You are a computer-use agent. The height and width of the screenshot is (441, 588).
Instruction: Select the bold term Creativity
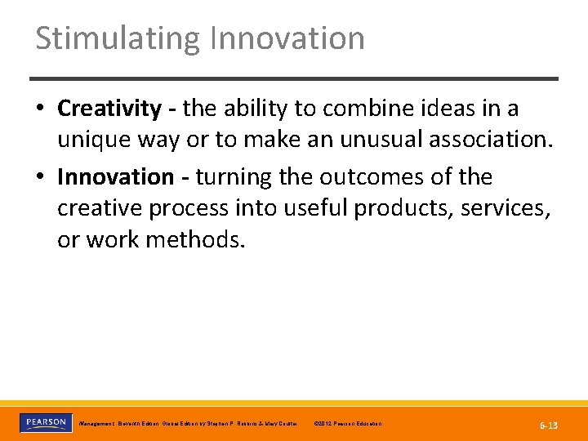tap(109, 109)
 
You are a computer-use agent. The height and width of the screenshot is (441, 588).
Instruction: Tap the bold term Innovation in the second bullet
tap(115, 177)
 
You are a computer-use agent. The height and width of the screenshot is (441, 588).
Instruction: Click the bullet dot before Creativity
tap(41, 109)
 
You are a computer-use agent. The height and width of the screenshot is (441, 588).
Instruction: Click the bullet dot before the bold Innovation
tap(41, 177)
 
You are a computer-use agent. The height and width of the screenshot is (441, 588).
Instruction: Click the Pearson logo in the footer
tap(46, 422)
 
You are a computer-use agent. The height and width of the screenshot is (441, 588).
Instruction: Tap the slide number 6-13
tap(549, 425)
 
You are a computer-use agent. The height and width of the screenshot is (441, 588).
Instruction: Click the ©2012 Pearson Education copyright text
tap(346, 424)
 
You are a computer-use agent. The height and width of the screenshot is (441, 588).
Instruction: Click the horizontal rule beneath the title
tap(294, 78)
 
